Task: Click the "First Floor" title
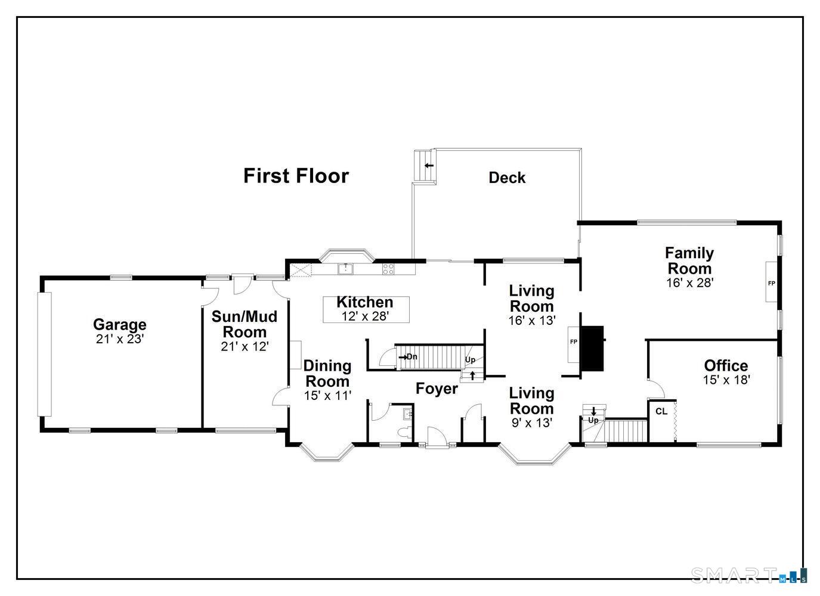(x=296, y=176)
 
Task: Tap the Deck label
(x=507, y=178)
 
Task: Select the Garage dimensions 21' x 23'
(x=119, y=339)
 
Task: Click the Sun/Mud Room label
(x=245, y=324)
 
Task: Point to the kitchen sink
(x=345, y=269)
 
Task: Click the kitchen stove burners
(x=388, y=269)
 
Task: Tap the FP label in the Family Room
(x=771, y=283)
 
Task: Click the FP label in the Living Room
(x=574, y=342)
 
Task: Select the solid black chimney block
(x=592, y=348)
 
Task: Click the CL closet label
(x=661, y=412)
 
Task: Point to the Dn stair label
(x=412, y=356)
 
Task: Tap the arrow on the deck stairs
(x=429, y=165)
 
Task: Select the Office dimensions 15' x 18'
(x=726, y=380)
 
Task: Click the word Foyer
(x=437, y=389)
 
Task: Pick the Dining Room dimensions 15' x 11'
(x=327, y=396)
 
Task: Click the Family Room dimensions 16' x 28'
(x=689, y=283)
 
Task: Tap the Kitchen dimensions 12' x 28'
(x=365, y=316)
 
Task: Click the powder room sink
(x=408, y=414)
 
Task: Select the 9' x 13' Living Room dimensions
(x=531, y=423)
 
